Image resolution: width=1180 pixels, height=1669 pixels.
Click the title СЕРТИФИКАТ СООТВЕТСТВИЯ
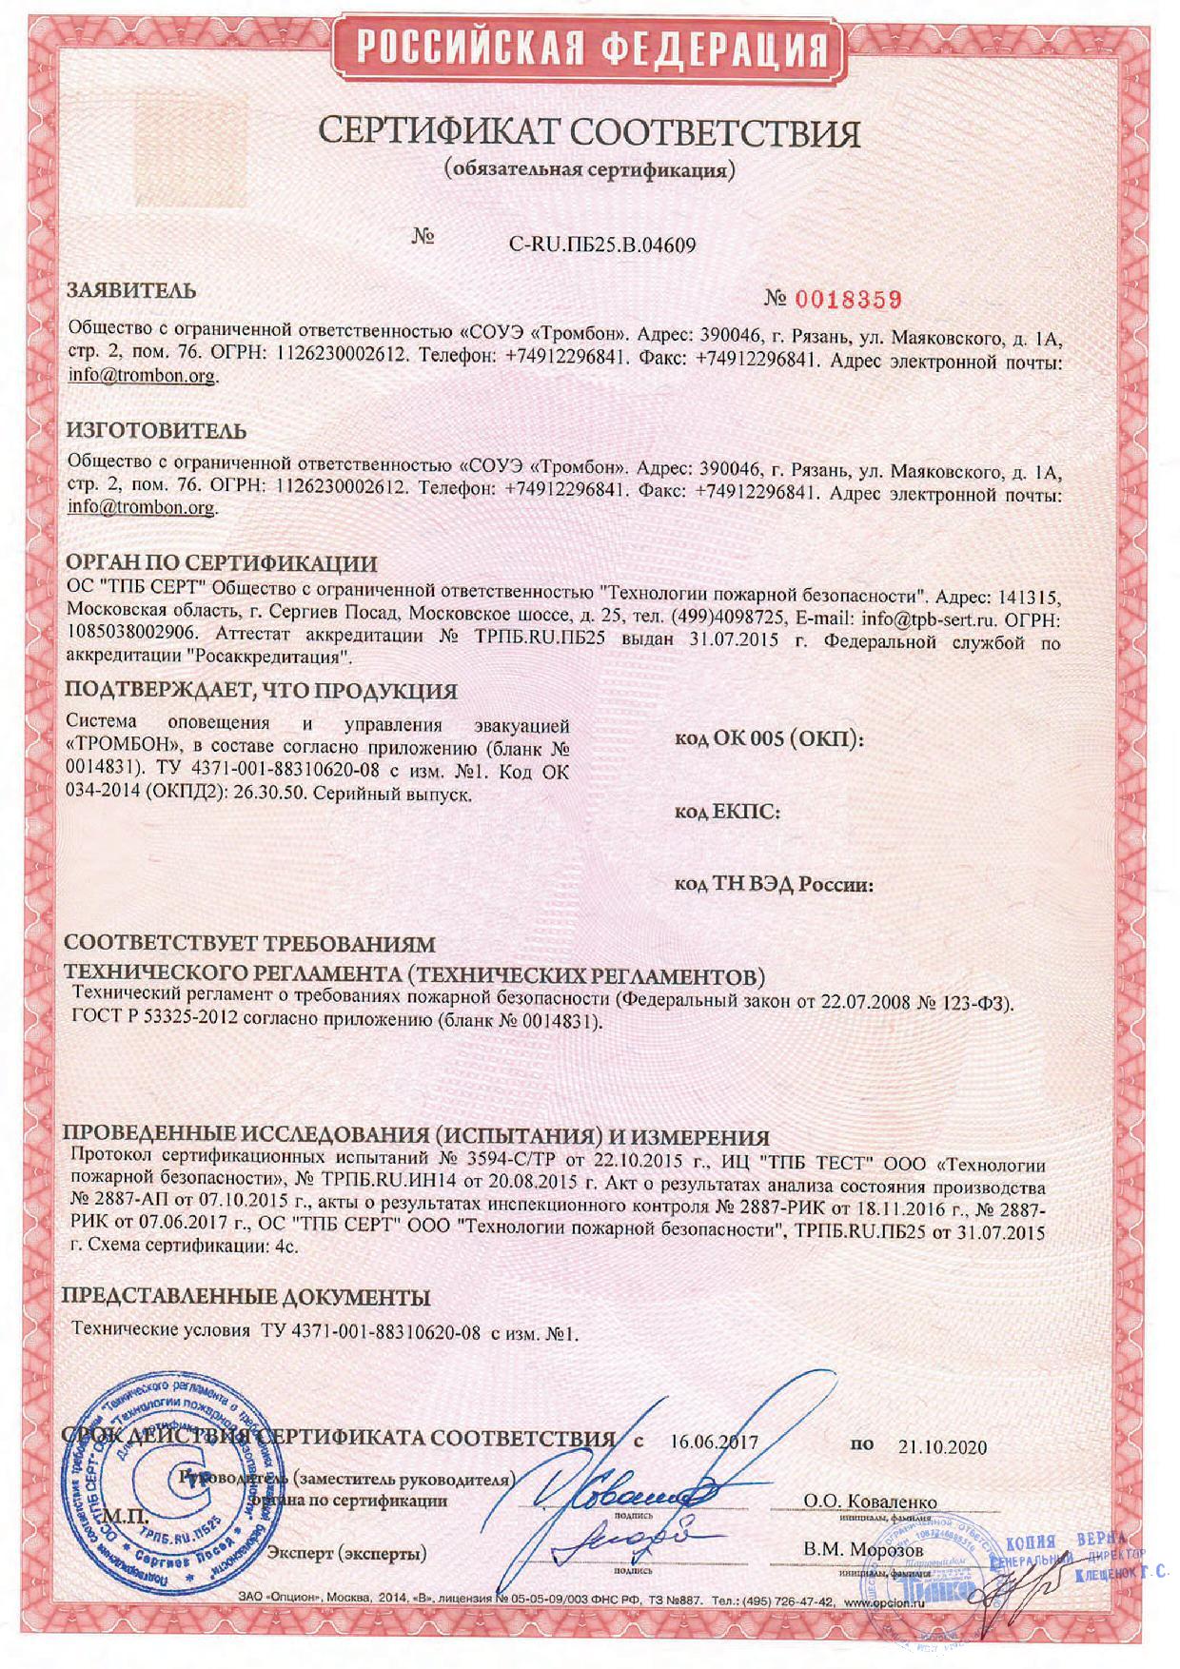click(x=589, y=133)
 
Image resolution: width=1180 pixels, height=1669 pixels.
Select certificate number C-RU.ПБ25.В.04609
click(x=602, y=245)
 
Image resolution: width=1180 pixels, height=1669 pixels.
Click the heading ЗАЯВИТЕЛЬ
click(x=131, y=291)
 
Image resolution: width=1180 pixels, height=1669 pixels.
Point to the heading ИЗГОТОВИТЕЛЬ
click(x=156, y=430)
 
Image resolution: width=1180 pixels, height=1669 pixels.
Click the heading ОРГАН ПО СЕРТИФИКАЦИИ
click(x=221, y=563)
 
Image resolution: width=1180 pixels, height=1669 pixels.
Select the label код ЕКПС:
click(x=728, y=812)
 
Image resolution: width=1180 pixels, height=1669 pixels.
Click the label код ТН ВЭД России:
click(x=774, y=884)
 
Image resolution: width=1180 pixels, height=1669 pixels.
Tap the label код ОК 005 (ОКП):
click(x=769, y=739)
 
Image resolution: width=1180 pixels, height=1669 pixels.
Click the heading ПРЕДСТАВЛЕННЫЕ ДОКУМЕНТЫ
click(x=246, y=1297)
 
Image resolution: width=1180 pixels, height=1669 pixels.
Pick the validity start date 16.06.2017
click(x=714, y=1442)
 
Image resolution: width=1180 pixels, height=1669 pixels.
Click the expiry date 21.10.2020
click(x=942, y=1446)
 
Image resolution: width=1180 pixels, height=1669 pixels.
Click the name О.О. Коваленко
click(x=870, y=1502)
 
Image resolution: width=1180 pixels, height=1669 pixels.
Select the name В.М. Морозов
click(x=863, y=1549)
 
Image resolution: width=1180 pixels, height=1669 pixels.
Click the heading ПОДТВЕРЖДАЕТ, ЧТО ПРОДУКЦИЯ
click(x=261, y=691)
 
